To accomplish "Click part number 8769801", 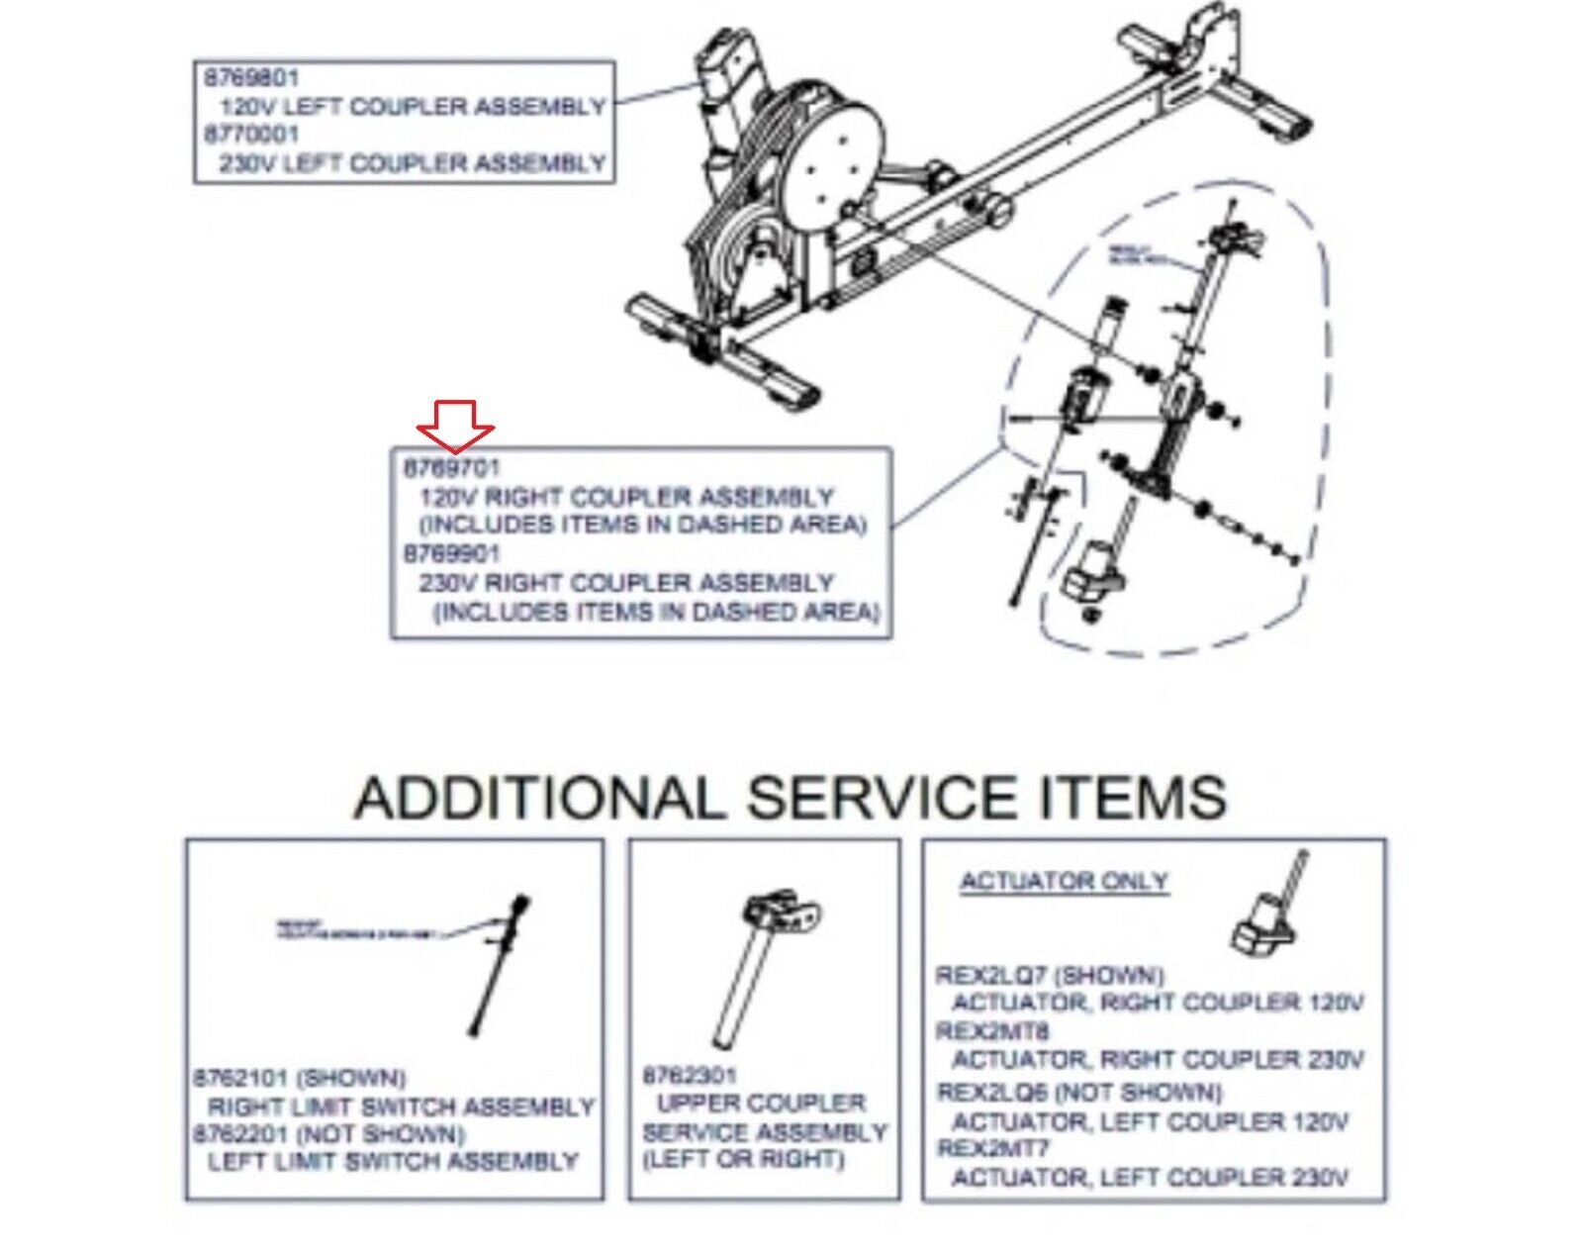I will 251,77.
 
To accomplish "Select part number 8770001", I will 251,134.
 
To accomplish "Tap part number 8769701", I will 451,468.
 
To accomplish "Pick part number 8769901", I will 451,553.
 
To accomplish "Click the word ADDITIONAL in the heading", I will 539,798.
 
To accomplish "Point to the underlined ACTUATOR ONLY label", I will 1065,881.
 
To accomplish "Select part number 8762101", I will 240,1077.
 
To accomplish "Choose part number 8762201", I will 240,1133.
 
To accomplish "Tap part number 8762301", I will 689,1075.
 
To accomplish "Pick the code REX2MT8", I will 979,1031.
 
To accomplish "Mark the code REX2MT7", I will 979,1149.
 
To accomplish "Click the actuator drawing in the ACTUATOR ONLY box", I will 1266,916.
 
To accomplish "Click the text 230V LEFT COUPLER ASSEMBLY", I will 412,162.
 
